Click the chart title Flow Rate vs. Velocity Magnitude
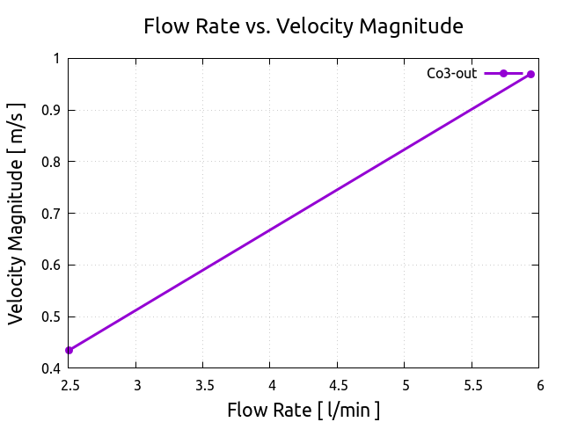click(x=303, y=26)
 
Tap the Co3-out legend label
click(x=451, y=74)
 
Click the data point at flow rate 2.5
click(x=69, y=350)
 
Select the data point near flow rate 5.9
click(x=530, y=74)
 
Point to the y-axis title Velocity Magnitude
click(x=16, y=213)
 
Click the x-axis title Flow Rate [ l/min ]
click(x=303, y=410)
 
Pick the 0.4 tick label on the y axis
click(x=50, y=368)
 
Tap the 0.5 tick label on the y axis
click(x=50, y=316)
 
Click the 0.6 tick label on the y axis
click(x=50, y=265)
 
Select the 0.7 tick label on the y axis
click(x=50, y=214)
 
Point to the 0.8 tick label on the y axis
click(x=50, y=162)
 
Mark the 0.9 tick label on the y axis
click(x=50, y=110)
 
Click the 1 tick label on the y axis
click(x=56, y=59)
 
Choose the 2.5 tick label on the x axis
click(x=69, y=385)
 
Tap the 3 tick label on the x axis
click(x=136, y=385)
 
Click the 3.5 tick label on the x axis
click(x=203, y=385)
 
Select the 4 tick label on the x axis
click(x=270, y=385)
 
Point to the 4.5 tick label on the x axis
click(x=338, y=385)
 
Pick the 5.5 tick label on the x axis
click(x=472, y=385)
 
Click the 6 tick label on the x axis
click(x=539, y=385)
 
